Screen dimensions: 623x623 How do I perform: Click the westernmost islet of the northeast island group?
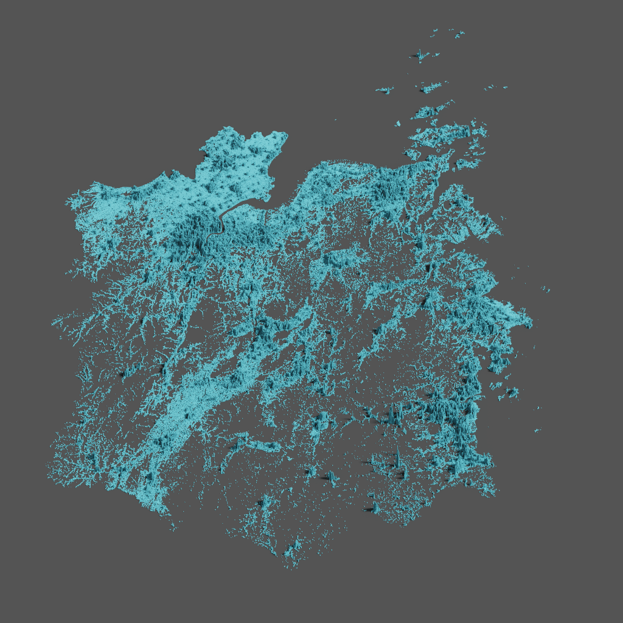coord(385,91)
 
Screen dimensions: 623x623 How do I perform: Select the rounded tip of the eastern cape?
coord(528,321)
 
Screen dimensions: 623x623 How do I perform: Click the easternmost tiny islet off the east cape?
coord(548,290)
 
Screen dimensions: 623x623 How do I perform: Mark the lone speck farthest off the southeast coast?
coord(537,430)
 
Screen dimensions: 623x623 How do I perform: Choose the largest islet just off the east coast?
coord(510,392)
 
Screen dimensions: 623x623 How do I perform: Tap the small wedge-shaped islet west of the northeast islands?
coord(397,124)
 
